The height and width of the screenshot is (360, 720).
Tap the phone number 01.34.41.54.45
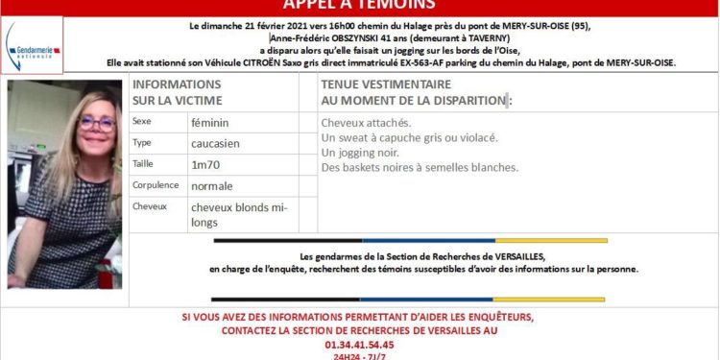[360, 344]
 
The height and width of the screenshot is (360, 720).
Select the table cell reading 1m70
[204, 164]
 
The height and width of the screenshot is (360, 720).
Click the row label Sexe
[143, 123]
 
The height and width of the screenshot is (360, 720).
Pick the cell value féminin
[209, 123]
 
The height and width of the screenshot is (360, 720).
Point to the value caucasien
[214, 143]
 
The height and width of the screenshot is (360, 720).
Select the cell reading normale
[211, 185]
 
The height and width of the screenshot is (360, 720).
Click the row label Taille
[144, 164]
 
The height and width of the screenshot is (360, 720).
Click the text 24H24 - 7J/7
[360, 356]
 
